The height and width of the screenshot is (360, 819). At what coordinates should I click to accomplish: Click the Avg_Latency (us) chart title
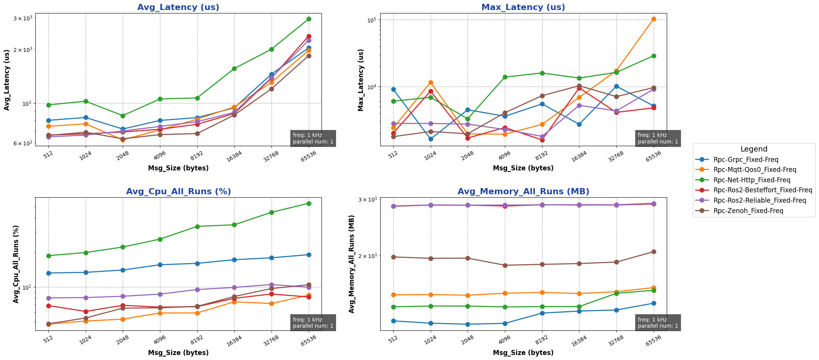(178, 7)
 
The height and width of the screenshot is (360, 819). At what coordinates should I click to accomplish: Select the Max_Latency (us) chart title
(523, 7)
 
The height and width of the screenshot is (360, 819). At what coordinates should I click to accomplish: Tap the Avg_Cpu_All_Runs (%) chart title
(178, 192)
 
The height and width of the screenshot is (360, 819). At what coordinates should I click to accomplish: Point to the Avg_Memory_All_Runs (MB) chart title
(523, 192)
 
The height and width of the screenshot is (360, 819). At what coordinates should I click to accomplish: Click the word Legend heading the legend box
(754, 149)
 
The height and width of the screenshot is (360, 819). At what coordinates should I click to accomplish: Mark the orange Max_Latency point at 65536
(654, 19)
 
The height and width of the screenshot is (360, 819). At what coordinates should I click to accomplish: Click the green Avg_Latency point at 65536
(309, 19)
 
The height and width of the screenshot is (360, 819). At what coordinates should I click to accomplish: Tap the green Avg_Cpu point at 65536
(309, 203)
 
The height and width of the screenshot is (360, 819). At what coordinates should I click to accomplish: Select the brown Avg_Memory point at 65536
(654, 252)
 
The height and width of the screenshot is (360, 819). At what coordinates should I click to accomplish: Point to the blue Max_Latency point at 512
(393, 89)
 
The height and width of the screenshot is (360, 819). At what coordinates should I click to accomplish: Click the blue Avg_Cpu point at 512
(48, 273)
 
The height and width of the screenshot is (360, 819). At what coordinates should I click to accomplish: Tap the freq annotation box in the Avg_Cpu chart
(313, 323)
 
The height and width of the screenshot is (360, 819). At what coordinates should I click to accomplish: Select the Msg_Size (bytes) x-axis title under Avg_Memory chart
(523, 353)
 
